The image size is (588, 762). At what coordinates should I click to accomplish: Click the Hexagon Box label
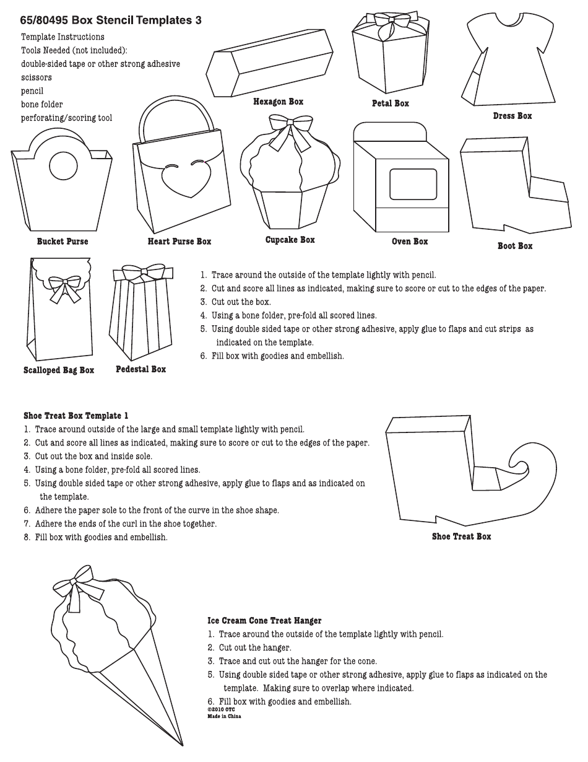coord(278,102)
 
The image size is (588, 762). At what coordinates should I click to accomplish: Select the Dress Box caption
coord(512,116)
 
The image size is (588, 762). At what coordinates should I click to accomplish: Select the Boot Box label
coord(515,246)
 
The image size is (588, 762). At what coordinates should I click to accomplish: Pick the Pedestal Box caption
coord(141,369)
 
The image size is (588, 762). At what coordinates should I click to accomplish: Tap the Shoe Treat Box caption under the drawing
coord(461,536)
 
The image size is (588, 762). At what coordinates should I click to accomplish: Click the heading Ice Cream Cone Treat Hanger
coord(264,620)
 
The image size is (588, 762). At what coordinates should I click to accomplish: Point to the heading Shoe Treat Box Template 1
coord(76,416)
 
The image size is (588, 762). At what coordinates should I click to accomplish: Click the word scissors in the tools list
coord(37,77)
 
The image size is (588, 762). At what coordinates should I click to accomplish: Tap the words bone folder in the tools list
coord(41,104)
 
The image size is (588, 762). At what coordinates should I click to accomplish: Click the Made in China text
coord(224,716)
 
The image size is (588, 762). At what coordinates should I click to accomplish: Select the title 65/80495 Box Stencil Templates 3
coord(111,20)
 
